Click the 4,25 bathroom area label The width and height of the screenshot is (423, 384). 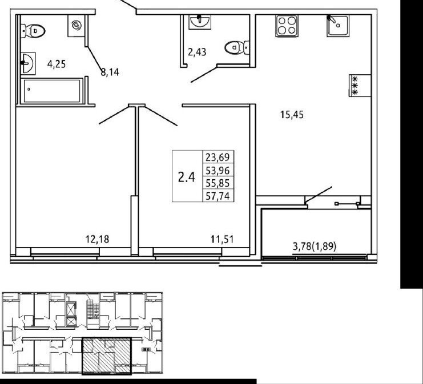[57, 64]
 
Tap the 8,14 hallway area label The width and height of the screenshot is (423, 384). [110, 72]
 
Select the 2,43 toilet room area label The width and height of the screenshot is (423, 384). [197, 51]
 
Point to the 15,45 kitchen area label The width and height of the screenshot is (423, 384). [292, 115]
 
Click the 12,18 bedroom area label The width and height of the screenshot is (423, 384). [98, 239]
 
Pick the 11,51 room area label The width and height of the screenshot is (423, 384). [222, 239]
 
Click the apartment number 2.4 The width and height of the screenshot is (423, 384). [187, 177]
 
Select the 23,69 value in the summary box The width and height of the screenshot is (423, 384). [217, 157]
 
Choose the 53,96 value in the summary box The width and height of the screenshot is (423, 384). [217, 171]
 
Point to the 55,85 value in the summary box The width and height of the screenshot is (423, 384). [217, 183]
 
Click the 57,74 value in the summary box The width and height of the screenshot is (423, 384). [217, 196]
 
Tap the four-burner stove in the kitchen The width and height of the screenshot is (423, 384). [287, 26]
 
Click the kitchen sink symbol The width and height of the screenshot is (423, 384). [337, 26]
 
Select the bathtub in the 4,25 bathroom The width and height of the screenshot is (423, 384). [52, 91]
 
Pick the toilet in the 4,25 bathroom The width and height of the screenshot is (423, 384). [33, 31]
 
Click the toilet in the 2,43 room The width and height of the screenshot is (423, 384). [237, 48]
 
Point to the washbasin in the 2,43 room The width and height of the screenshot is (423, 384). [200, 22]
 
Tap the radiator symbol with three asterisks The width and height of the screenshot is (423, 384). [360, 86]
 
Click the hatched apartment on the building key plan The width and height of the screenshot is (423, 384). [107, 356]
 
